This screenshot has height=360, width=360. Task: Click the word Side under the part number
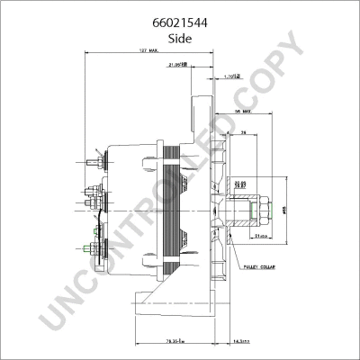pos(180,30)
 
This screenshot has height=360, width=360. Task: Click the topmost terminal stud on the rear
pos(94,164)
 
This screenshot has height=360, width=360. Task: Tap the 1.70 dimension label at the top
pos(232,78)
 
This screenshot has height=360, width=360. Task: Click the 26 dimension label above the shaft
pos(244,133)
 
